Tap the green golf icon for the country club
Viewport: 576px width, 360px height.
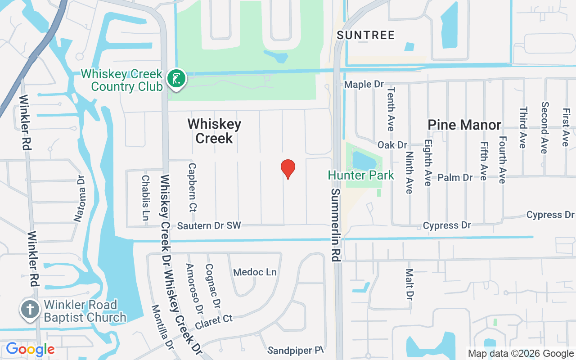point(176,79)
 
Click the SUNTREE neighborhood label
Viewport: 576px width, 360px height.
point(365,35)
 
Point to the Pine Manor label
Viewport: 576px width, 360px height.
point(464,125)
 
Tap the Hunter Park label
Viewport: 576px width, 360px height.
point(361,175)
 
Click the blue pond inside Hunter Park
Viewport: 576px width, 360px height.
point(365,160)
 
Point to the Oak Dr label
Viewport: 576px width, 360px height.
point(392,145)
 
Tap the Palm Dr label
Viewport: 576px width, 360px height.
point(455,177)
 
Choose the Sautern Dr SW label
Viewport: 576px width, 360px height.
point(209,225)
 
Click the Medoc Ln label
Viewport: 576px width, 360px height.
point(255,272)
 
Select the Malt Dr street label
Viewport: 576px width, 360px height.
point(409,284)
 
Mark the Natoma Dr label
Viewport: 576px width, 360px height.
point(80,198)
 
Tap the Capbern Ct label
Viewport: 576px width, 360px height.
point(193,187)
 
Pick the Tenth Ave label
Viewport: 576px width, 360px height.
point(390,109)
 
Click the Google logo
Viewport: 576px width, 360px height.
point(30,349)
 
